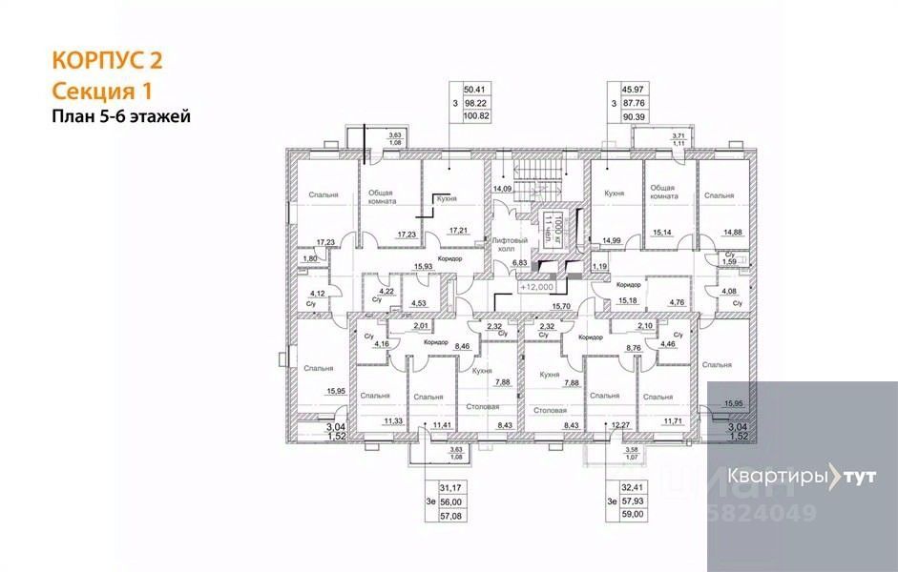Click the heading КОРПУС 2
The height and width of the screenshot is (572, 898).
coord(105,61)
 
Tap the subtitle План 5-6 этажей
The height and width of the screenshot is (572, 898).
coord(121,117)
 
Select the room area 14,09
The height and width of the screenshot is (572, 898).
coord(503,189)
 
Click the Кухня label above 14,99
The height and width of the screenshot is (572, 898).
coord(615,194)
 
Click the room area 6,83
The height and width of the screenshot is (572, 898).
coord(519,262)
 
